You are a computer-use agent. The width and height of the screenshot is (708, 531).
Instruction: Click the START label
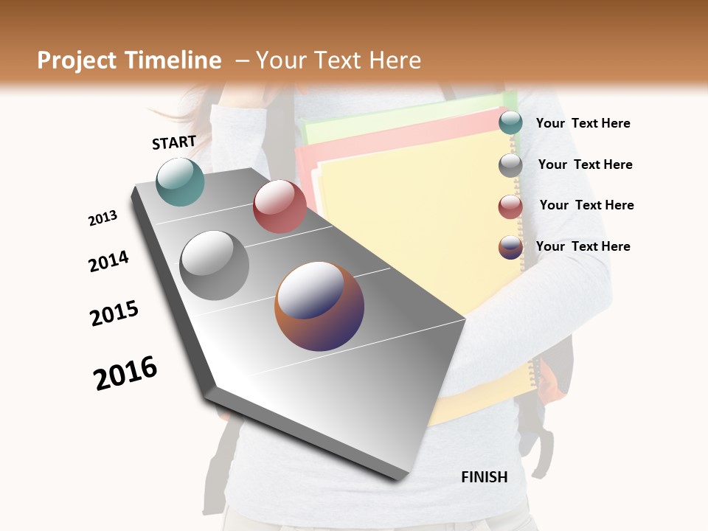(174, 142)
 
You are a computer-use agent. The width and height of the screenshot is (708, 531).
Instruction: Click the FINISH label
(485, 477)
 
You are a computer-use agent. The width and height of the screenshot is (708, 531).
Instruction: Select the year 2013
(103, 218)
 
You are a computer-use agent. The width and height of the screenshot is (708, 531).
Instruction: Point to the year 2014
(108, 262)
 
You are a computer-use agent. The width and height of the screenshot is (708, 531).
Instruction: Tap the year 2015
(114, 313)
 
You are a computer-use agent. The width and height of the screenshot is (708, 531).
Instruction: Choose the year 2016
(125, 373)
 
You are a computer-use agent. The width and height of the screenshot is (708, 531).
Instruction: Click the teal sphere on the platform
(181, 181)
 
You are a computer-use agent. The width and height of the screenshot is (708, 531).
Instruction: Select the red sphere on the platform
(280, 206)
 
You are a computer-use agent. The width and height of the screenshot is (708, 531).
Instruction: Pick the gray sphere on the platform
(215, 265)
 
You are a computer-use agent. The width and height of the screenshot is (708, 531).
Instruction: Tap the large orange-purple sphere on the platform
(319, 306)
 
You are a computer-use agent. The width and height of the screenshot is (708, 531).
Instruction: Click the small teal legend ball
(510, 123)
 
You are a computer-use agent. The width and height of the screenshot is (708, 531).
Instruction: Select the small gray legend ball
(510, 164)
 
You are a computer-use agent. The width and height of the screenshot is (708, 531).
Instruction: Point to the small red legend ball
(510, 206)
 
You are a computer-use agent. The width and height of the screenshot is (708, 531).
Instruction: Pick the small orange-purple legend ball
(510, 246)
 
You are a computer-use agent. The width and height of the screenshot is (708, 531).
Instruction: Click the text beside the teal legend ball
(583, 124)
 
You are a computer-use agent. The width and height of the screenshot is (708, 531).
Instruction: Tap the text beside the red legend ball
(586, 205)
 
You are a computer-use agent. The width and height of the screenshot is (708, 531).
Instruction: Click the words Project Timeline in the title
(129, 60)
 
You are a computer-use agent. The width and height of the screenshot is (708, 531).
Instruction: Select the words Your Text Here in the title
(338, 60)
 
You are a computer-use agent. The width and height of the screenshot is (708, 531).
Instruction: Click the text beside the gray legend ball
(585, 164)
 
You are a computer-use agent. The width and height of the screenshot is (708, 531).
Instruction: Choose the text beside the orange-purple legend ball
(583, 246)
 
